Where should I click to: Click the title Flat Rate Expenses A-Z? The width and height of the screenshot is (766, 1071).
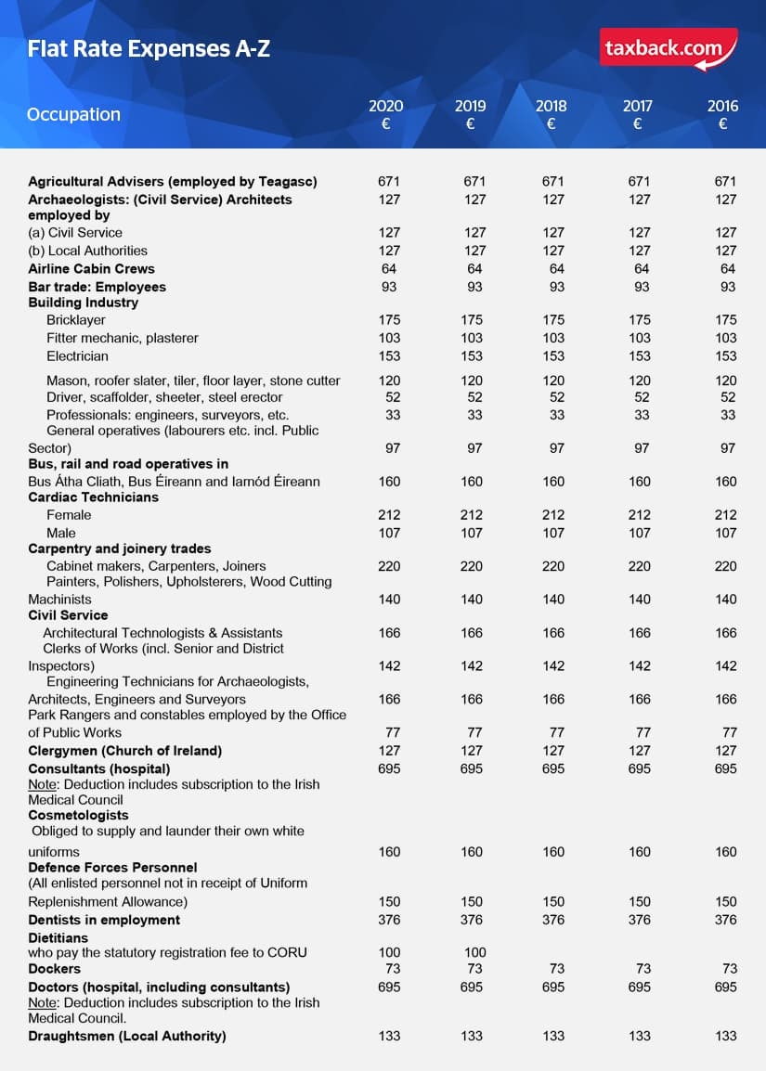149,48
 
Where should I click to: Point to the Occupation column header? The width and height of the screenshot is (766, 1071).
74,114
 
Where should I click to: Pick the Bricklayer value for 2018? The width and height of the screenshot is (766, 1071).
553,320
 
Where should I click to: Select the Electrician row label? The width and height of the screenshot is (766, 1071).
77,356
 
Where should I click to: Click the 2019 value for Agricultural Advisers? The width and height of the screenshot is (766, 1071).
474,182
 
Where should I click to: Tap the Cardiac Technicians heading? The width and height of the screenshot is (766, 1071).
93,497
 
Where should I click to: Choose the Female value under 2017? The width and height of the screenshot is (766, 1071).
639,515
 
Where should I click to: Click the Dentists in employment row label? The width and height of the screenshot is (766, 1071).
104,920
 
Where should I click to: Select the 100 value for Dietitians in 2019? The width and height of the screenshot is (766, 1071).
474,952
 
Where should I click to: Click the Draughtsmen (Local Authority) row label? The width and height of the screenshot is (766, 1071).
127,1036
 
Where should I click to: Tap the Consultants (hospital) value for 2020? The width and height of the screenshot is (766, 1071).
389,768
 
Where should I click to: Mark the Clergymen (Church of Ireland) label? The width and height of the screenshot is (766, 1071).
125,751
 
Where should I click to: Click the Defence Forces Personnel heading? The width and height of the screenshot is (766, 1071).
112,868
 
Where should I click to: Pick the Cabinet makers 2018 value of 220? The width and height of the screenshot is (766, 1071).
553,566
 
